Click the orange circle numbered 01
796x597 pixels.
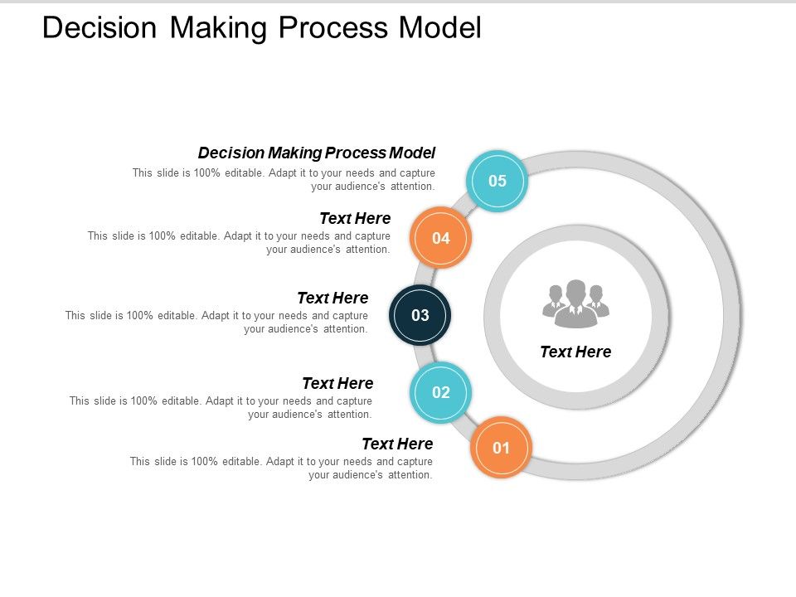pos(501,449)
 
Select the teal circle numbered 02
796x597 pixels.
pos(441,392)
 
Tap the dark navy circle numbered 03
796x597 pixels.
pos(420,315)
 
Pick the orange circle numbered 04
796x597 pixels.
pos(441,238)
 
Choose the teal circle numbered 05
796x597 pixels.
pos(497,181)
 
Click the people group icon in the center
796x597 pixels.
pos(575,303)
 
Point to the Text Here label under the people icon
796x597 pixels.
pos(575,352)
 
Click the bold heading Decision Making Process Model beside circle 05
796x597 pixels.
pos(317,153)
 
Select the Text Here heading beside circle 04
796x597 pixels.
pos(355,219)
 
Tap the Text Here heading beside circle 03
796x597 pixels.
pos(332,298)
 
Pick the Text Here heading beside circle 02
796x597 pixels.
pos(337,383)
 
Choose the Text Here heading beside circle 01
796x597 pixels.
pos(397,444)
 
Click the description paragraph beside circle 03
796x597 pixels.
pos(217,322)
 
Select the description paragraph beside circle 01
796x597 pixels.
pos(282,468)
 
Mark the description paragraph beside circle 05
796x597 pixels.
pos(284,179)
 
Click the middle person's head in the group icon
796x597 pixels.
pos(575,290)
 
